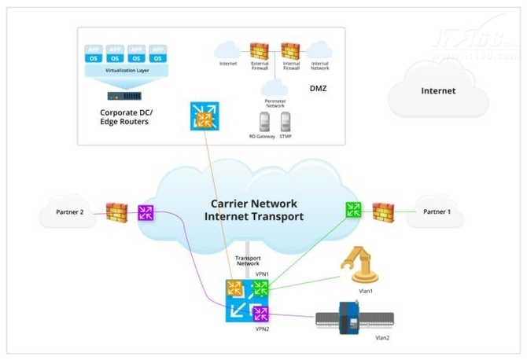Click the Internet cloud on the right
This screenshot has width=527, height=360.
click(x=437, y=90)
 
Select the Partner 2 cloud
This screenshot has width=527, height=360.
click(x=68, y=211)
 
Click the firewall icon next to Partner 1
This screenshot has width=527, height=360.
click(x=382, y=211)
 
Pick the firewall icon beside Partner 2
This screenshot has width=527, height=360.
click(x=116, y=211)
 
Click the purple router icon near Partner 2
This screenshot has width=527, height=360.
click(x=146, y=212)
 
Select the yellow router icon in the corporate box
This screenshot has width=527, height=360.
click(x=204, y=116)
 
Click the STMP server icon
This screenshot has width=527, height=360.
click(x=285, y=122)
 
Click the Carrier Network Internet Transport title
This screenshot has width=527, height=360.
click(x=253, y=209)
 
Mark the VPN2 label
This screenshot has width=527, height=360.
click(x=263, y=329)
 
